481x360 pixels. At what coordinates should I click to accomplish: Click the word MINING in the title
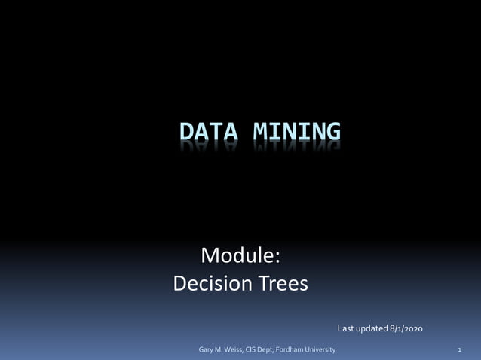[x=296, y=133]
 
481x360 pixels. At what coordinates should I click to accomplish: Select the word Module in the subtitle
[x=238, y=256]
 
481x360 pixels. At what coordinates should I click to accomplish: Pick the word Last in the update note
[x=346, y=328]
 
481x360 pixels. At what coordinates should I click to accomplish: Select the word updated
[x=372, y=328]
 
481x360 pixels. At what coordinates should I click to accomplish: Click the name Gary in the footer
[x=206, y=350]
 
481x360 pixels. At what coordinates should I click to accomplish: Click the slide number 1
[x=459, y=350]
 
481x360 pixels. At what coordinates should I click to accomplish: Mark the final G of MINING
[x=332, y=133]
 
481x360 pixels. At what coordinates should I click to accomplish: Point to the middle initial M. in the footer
[x=222, y=350]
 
